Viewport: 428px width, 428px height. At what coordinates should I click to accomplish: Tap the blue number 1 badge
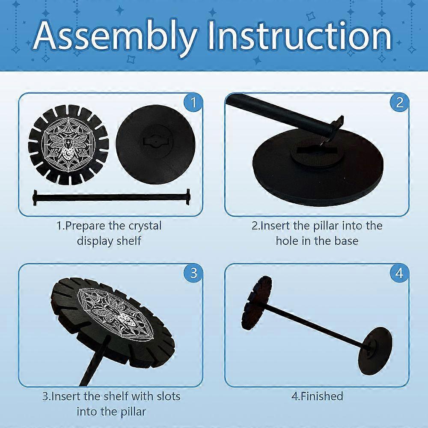[193, 103]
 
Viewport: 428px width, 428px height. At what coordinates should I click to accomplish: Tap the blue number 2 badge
[399, 103]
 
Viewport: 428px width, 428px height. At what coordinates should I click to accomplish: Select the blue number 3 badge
[193, 273]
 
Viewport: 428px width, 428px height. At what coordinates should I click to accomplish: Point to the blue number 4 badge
[399, 273]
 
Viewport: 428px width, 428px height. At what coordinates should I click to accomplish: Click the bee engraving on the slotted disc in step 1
[68, 145]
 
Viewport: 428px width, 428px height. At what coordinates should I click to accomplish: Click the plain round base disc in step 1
[155, 144]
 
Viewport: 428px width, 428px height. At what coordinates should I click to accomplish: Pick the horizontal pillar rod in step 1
[111, 197]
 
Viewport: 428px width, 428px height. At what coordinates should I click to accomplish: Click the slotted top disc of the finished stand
[256, 303]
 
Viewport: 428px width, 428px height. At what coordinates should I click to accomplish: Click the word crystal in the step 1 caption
[145, 226]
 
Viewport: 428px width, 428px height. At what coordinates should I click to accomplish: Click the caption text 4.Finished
[317, 396]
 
